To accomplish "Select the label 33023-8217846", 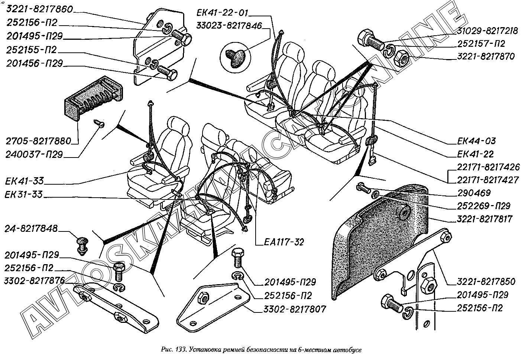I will [x=229, y=26].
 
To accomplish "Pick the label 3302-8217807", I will [x=290, y=309].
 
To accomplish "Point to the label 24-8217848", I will [x=32, y=229].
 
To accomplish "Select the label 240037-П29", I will [x=35, y=154].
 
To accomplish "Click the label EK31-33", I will [x=25, y=194].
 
